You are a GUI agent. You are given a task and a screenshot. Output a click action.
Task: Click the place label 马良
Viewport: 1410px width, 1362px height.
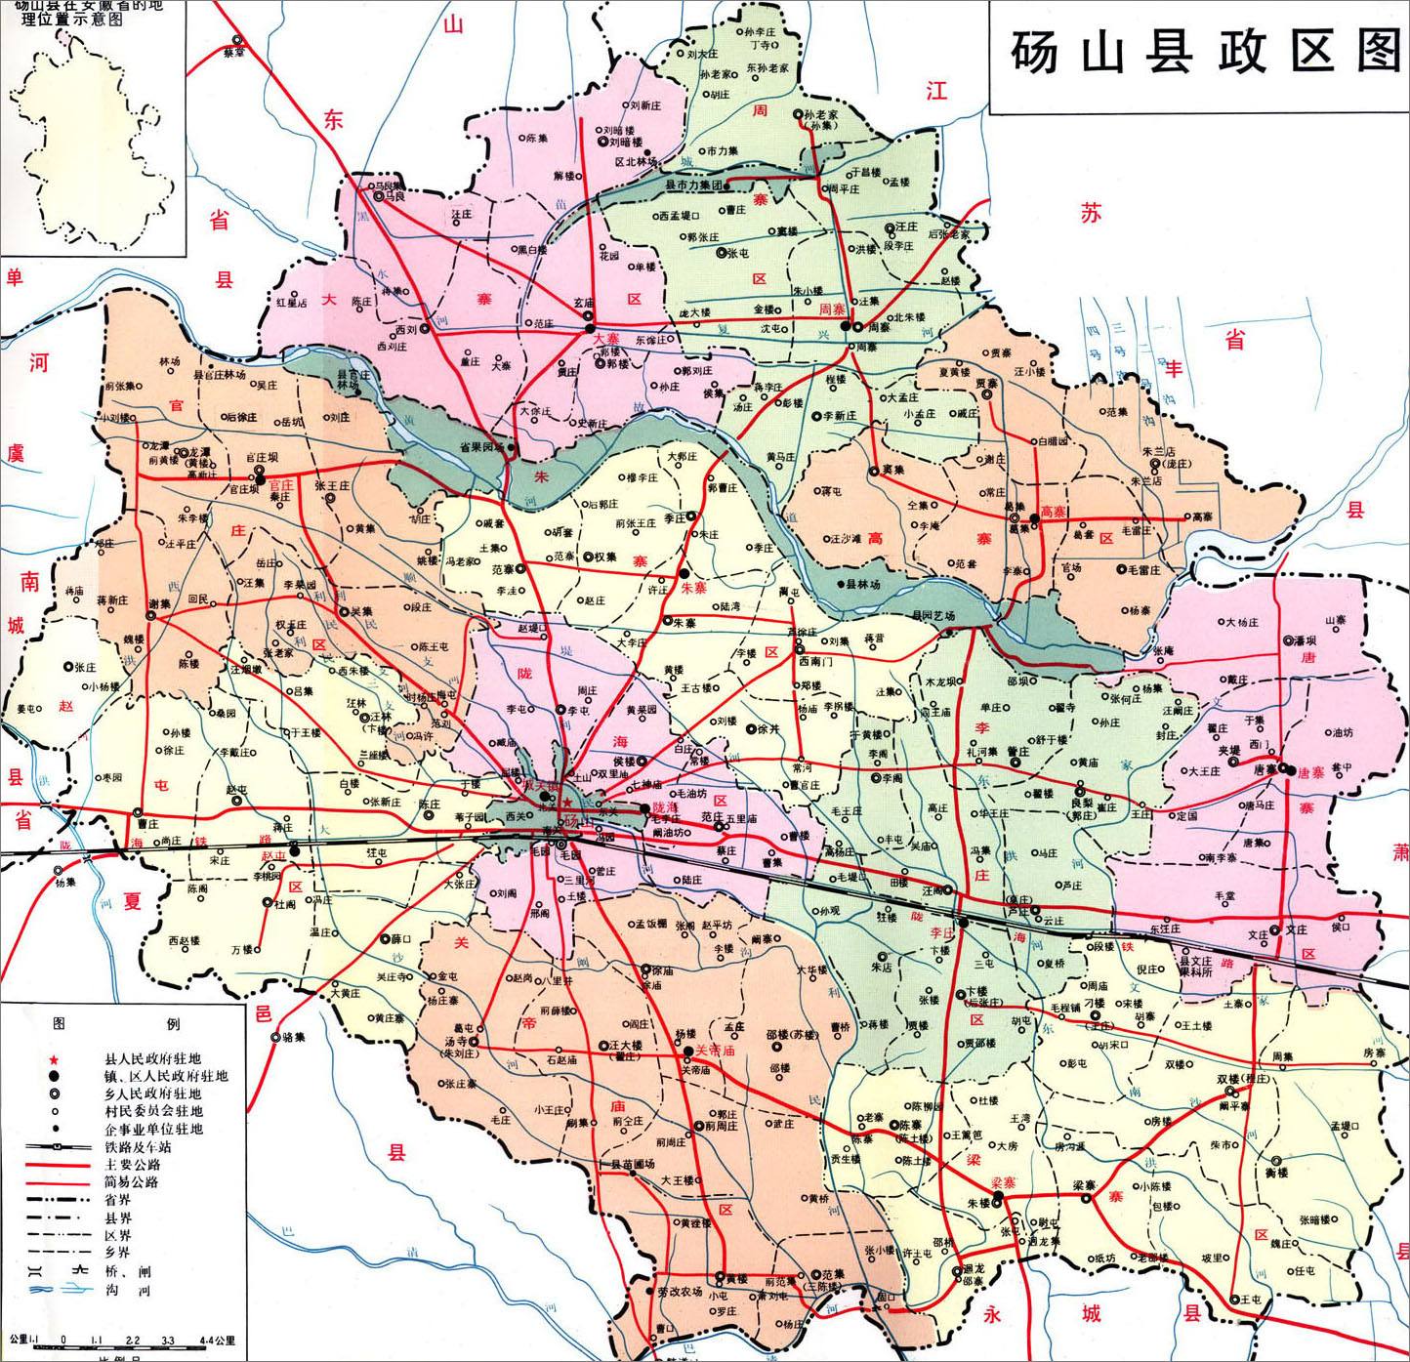pos(394,195)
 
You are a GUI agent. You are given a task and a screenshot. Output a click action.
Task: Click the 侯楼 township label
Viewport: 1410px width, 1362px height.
pos(623,762)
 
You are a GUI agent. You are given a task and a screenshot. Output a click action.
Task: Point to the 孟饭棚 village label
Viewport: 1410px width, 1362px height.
pos(650,923)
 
